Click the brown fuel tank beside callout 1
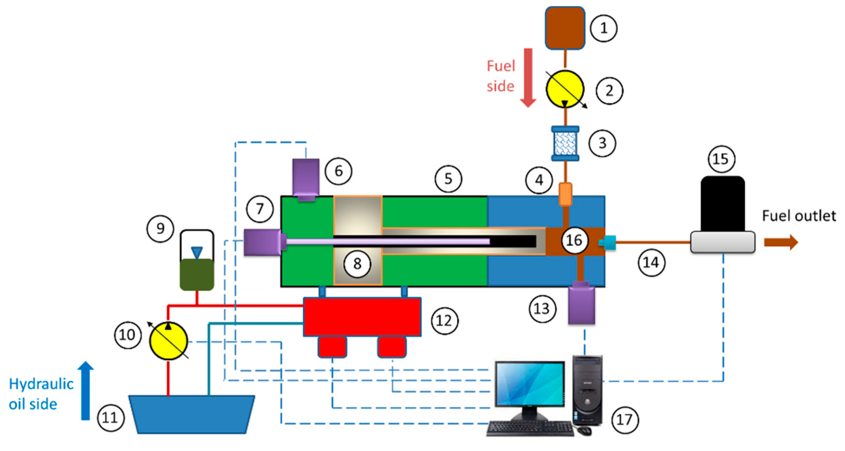coord(565,28)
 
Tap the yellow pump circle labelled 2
coord(564,89)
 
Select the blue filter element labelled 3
coord(565,143)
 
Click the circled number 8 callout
coord(357,264)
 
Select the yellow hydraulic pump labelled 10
coord(168,341)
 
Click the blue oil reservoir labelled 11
coord(192,414)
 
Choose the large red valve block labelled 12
coord(362,317)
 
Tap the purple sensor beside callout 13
coord(581,305)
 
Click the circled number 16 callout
coord(574,240)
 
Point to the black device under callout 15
coord(722,204)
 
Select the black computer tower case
coord(588,391)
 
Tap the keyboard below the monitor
coord(529,428)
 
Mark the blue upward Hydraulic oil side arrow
coord(85,391)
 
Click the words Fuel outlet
coord(799,216)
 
